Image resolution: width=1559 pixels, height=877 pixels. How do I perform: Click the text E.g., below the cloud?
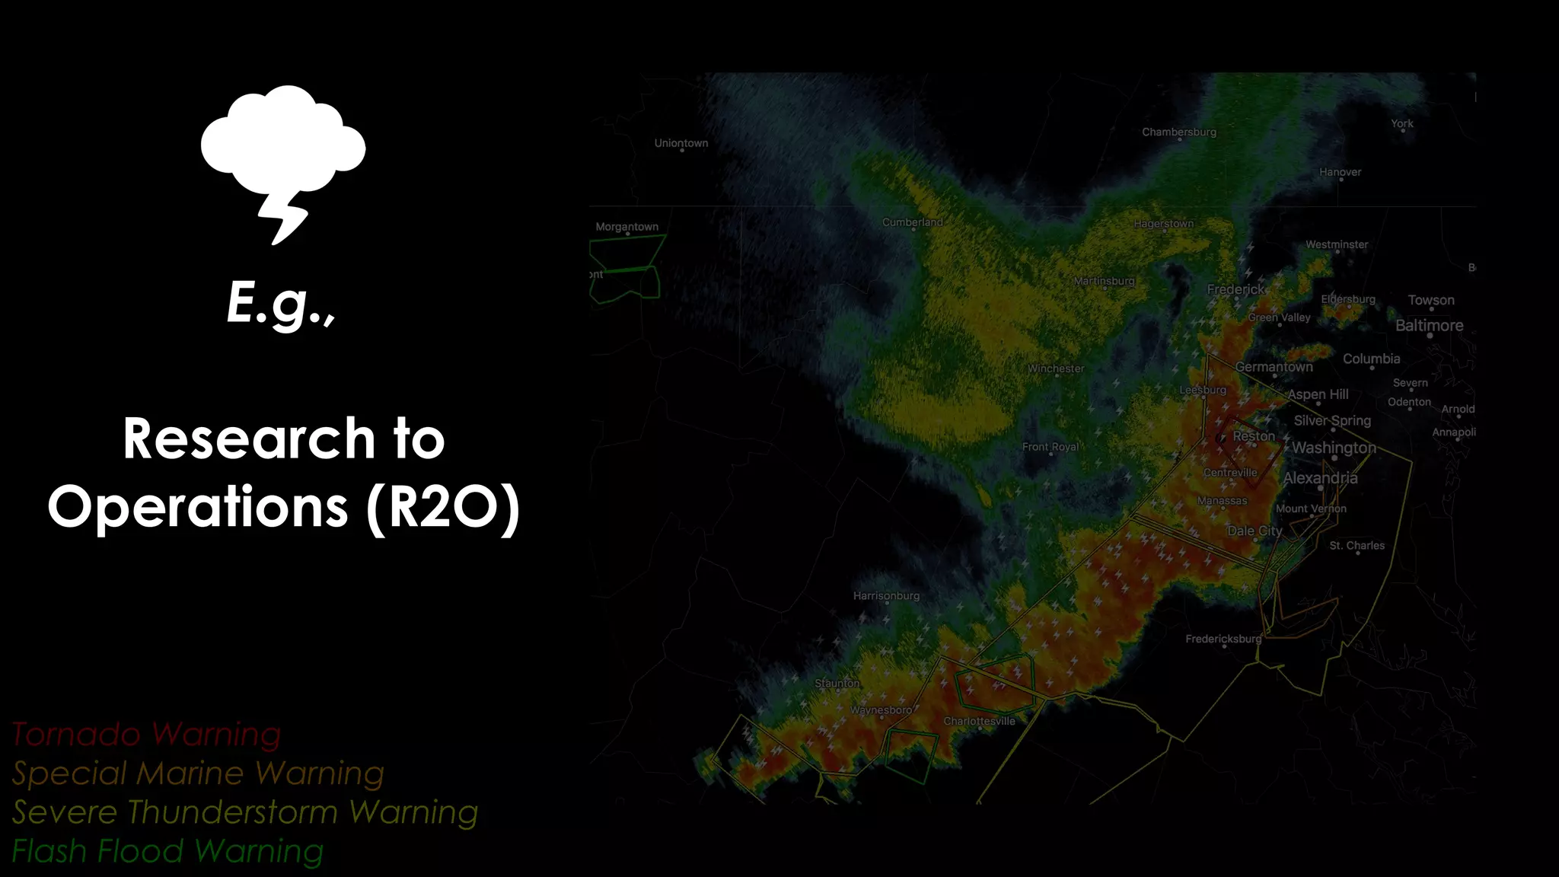281,303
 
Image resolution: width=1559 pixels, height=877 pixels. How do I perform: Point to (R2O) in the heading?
443,508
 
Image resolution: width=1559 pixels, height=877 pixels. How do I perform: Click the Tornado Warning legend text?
146,735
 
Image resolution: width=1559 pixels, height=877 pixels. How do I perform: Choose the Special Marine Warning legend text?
198,773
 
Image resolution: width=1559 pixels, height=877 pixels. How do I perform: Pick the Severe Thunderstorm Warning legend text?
245,812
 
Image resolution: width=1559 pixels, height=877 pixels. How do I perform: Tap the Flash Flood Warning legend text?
167,851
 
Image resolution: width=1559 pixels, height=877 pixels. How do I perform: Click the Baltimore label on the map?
1429,326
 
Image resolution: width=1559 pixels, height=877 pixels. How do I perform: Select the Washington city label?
1334,448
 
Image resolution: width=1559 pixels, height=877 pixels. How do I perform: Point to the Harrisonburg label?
886,596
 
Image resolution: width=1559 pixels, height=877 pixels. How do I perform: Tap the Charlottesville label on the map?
979,721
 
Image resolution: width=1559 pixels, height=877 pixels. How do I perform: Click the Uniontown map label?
681,143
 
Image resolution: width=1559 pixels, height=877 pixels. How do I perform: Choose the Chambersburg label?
1179,132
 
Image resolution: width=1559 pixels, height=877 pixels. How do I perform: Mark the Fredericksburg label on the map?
1223,639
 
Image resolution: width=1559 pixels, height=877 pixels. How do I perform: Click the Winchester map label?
1056,368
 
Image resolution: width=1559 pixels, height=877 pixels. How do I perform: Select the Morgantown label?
627,227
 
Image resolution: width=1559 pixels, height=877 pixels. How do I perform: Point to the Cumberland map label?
912,222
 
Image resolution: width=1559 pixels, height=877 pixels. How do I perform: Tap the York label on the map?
1401,123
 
